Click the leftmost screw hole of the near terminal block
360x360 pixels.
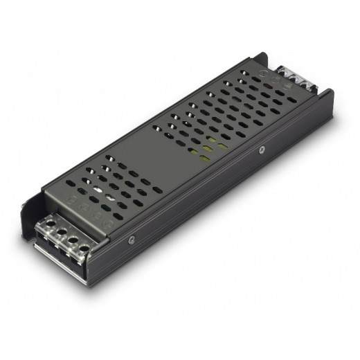tap(50, 223)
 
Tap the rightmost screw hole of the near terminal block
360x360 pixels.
tap(84, 248)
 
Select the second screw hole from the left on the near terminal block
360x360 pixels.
tap(61, 231)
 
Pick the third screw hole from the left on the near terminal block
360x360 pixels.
tap(73, 239)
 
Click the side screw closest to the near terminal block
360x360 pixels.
tap(130, 240)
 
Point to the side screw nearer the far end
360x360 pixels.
tap(262, 148)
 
